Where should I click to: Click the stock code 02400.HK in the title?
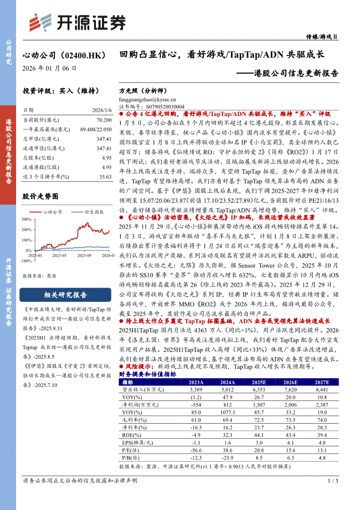tap(82, 55)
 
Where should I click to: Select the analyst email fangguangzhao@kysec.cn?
tap(147, 99)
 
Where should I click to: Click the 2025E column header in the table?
tap(258, 383)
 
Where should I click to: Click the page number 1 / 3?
tap(332, 481)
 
